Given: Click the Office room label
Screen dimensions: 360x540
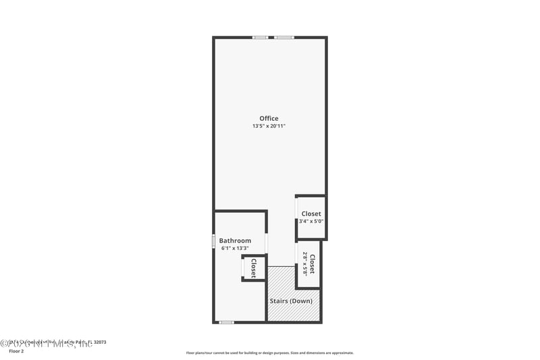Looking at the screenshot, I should (x=269, y=119).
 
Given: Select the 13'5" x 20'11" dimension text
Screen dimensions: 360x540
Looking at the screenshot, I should (x=269, y=126).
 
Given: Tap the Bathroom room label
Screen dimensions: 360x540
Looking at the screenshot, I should (x=235, y=240).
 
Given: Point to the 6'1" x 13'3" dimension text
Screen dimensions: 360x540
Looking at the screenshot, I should (x=235, y=248).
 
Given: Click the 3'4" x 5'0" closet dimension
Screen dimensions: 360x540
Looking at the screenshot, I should (x=311, y=221).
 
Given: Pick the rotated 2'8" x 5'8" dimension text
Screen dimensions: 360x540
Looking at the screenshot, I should (x=305, y=263).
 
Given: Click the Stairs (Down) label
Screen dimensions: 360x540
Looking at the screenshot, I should (x=290, y=301).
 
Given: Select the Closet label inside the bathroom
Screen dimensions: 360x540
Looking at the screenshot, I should (x=254, y=268).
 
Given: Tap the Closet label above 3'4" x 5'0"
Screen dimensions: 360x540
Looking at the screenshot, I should (x=311, y=213).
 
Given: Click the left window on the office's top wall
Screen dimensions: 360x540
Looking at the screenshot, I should (x=260, y=37).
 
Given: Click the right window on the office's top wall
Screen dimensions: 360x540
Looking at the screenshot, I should (x=283, y=37).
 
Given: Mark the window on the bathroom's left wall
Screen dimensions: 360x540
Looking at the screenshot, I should (x=214, y=240).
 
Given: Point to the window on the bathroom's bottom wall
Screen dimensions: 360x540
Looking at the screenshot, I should (x=226, y=322).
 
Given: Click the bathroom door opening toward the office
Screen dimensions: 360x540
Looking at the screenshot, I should (x=267, y=242).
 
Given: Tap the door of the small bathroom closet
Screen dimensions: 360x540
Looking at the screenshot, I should (x=244, y=267).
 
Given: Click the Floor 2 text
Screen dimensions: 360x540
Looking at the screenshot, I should (x=15, y=351).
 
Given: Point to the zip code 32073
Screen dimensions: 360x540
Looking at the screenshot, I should (x=99, y=342).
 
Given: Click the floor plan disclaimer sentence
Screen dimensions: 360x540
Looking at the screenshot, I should (x=269, y=353).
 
